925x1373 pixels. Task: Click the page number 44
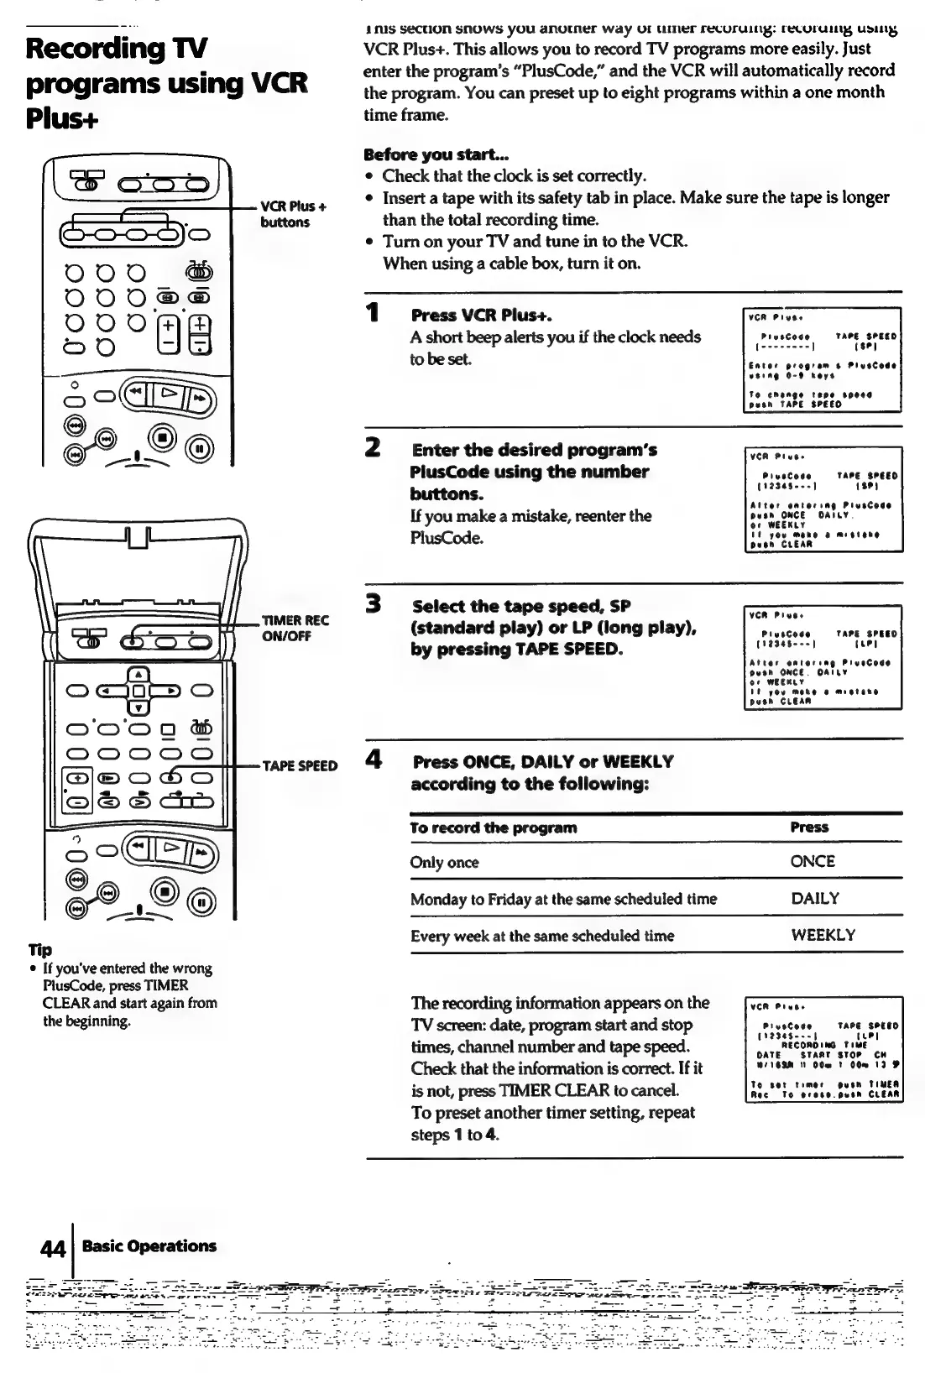[x=53, y=1248]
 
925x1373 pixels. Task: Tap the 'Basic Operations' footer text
[x=149, y=1246]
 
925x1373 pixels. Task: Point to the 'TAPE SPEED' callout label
[x=300, y=765]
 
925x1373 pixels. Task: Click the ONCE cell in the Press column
[x=813, y=862]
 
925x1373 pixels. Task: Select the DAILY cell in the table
[x=815, y=899]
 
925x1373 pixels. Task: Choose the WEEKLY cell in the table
[x=823, y=936]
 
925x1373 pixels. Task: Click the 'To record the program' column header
[x=493, y=827]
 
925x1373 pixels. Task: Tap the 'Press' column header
[x=809, y=827]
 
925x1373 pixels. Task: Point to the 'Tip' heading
[x=39, y=949]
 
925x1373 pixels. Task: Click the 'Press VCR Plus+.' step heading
[x=481, y=316]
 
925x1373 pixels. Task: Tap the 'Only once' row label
[x=444, y=863]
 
